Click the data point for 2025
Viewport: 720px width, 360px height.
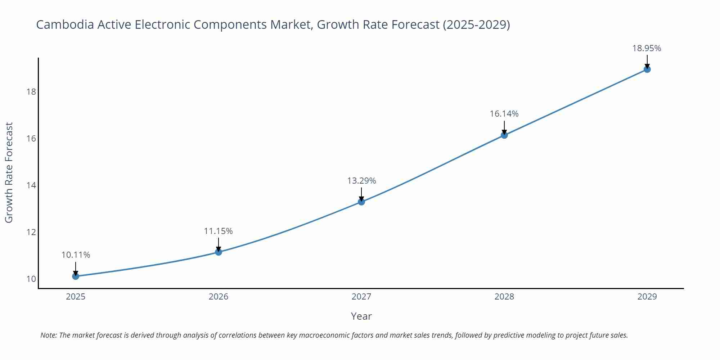(76, 276)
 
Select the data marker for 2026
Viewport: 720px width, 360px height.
(219, 252)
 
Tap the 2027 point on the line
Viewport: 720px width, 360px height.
(361, 202)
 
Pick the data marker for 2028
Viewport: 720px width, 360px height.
(504, 135)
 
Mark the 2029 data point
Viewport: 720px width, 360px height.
(647, 69)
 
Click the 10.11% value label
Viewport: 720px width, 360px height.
(76, 255)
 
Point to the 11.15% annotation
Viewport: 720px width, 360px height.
(219, 231)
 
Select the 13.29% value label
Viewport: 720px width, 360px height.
(361, 181)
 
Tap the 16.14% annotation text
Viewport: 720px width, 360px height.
(504, 114)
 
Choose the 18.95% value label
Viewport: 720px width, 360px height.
(647, 49)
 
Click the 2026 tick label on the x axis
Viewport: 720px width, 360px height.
(219, 297)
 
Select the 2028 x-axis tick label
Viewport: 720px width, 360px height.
(504, 297)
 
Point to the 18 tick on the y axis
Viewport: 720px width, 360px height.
(31, 92)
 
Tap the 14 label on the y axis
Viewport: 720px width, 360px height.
(31, 185)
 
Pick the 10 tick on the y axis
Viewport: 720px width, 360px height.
(31, 279)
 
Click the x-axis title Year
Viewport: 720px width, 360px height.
(361, 316)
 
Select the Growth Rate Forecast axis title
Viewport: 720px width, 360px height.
(9, 172)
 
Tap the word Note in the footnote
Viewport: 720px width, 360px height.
(48, 335)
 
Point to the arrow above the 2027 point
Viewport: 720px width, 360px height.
(361, 194)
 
